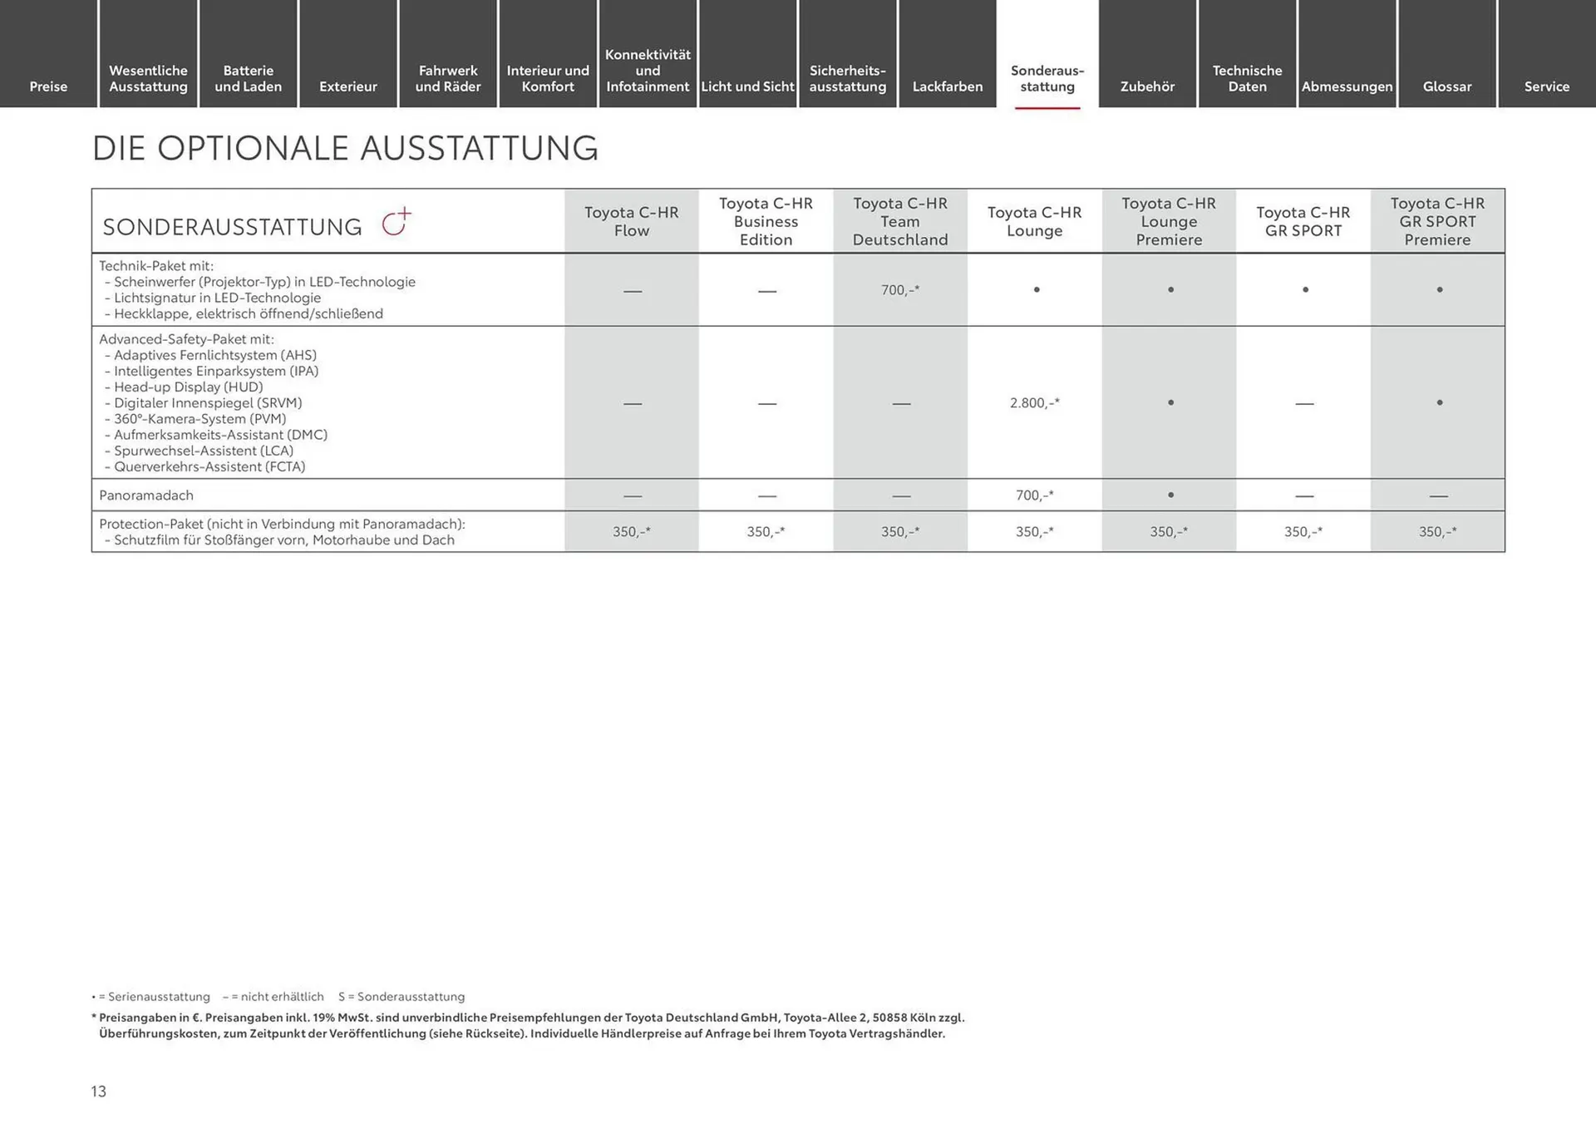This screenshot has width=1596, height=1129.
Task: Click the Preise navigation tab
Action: coord(48,86)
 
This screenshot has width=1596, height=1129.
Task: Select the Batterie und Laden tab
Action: coord(248,78)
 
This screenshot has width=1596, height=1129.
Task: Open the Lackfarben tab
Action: coord(948,86)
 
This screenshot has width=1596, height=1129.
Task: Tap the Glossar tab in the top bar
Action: coord(1446,86)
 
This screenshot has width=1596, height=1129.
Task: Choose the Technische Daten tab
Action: coord(1247,78)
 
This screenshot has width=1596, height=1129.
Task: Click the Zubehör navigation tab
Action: coord(1147,86)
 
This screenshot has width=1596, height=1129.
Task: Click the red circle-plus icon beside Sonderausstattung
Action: coord(396,223)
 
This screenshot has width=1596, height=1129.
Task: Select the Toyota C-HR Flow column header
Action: coord(632,221)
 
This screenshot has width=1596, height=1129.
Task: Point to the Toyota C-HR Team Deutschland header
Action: coord(900,221)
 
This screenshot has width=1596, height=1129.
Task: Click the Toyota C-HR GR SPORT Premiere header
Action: coord(1437,221)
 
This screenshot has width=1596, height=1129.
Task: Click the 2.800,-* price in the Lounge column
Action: coord(1035,403)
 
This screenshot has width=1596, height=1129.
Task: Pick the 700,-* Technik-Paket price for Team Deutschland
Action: coord(900,290)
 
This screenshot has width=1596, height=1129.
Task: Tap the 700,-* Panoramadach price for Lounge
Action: coord(1035,495)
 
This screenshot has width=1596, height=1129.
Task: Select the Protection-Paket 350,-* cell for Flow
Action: coord(632,532)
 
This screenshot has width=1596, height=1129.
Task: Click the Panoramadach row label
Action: coord(146,495)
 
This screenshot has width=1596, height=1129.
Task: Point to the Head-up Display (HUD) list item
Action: coord(188,387)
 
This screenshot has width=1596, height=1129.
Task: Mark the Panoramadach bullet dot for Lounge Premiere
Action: coord(1170,495)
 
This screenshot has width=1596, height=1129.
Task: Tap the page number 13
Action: coord(99,1092)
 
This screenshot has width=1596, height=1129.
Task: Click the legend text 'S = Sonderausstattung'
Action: coord(401,997)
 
